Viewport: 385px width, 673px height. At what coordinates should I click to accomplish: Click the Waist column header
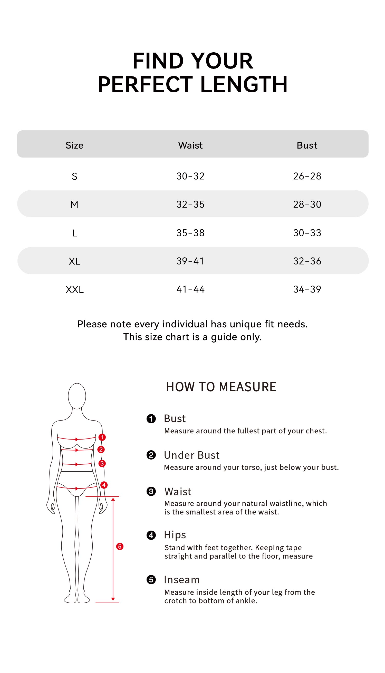[190, 145]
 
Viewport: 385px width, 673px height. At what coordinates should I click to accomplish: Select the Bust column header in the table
[307, 145]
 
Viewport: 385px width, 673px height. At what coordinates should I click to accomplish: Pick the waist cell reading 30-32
[190, 176]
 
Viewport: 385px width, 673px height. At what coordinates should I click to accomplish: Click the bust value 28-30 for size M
[307, 204]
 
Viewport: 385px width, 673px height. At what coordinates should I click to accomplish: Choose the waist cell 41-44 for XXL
[190, 289]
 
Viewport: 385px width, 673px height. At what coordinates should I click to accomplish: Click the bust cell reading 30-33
[307, 233]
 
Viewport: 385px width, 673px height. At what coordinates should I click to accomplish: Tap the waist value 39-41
[190, 261]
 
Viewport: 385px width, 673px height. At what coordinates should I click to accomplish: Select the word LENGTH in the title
[244, 84]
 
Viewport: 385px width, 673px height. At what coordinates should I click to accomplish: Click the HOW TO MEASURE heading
[221, 387]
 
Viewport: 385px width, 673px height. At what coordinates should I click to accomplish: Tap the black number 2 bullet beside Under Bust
[151, 455]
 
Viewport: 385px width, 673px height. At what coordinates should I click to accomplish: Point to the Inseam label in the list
[182, 579]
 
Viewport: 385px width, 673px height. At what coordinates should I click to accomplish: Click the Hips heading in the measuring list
[175, 534]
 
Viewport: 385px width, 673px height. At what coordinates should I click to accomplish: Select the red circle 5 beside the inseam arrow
[120, 547]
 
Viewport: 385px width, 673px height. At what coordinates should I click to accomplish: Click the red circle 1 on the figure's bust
[102, 437]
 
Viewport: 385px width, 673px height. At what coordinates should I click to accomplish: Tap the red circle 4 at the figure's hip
[104, 485]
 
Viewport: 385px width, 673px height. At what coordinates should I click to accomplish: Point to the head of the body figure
[77, 396]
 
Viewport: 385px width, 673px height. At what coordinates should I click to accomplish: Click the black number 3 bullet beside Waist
[151, 491]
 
